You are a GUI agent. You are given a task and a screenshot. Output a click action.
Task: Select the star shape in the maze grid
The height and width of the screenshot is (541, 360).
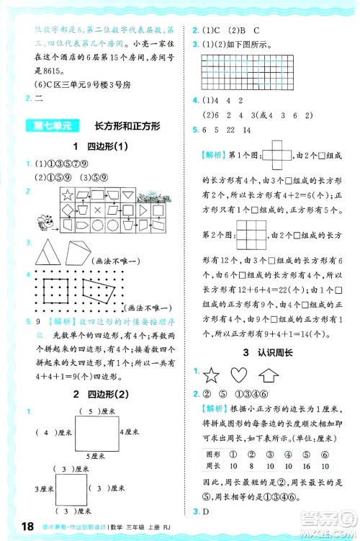(x=67, y=194)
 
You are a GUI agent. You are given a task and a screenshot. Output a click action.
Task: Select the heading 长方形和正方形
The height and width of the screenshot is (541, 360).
(x=127, y=126)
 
